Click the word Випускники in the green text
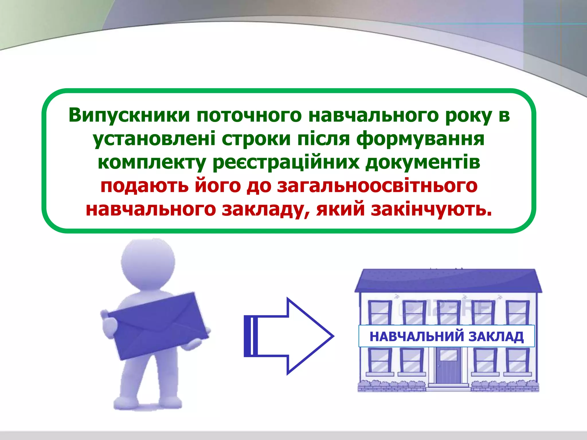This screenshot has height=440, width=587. pyautogui.click(x=129, y=115)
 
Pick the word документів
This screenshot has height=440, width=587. pyautogui.click(x=423, y=162)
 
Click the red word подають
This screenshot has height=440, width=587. pyautogui.click(x=144, y=186)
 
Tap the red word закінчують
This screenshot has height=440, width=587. pyautogui.click(x=431, y=209)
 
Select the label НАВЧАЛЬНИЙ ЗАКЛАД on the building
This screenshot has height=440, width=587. pyautogui.click(x=447, y=336)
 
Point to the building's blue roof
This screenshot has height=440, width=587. pyautogui.click(x=448, y=281)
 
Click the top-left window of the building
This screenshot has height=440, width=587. pyautogui.click(x=379, y=313)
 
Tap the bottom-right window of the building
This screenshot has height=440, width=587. pyautogui.click(x=517, y=360)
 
